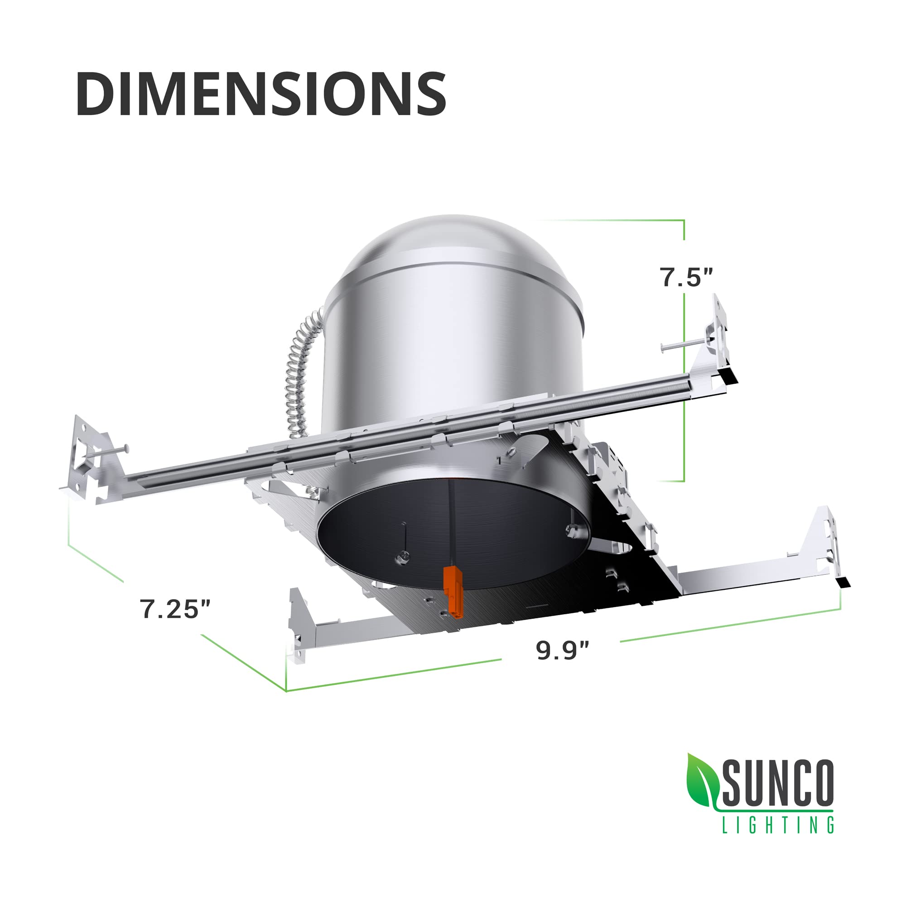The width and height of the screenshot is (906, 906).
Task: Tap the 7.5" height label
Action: tap(686, 277)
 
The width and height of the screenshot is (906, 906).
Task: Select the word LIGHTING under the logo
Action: tap(777, 825)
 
